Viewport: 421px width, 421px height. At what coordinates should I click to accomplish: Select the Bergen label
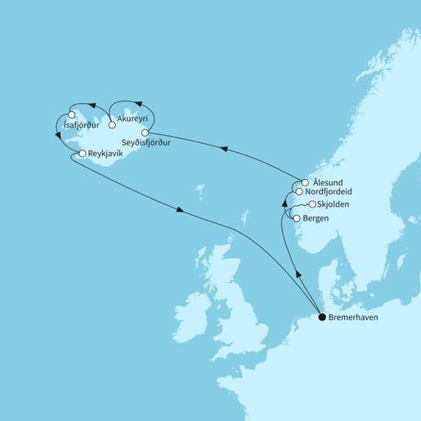(x=317, y=219)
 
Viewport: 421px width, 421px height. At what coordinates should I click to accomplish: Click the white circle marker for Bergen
(x=296, y=218)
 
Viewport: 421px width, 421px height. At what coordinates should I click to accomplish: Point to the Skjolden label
(x=337, y=204)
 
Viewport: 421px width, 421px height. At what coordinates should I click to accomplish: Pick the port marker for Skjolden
(x=312, y=204)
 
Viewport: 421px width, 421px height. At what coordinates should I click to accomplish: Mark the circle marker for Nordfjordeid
(x=299, y=191)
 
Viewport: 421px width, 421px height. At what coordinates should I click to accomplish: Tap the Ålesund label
(x=328, y=181)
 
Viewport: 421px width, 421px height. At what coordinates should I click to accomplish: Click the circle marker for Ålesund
(x=305, y=182)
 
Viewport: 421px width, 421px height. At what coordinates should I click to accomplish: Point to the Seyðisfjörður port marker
(x=145, y=132)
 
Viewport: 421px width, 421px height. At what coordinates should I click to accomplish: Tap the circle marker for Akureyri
(x=111, y=127)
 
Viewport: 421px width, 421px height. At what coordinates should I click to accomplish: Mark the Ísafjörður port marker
(x=72, y=114)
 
